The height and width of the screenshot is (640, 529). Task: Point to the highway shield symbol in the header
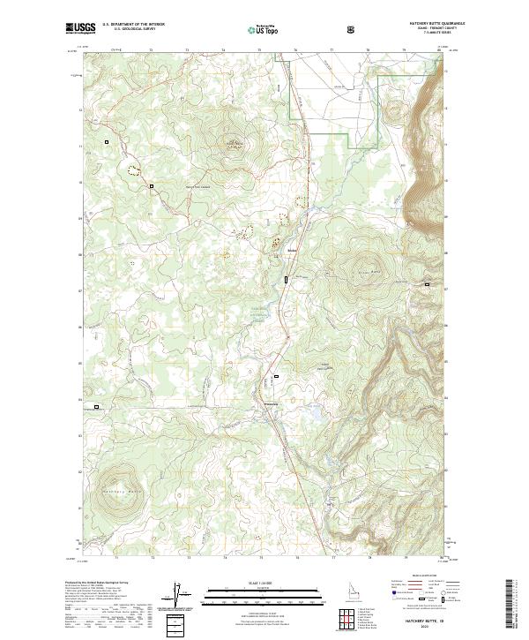(x=351, y=29)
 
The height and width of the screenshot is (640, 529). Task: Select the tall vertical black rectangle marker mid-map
(x=286, y=280)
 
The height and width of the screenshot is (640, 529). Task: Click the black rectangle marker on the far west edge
(x=96, y=407)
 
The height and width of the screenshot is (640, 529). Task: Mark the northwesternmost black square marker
(x=107, y=141)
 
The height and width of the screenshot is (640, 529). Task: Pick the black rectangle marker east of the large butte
(x=428, y=284)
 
